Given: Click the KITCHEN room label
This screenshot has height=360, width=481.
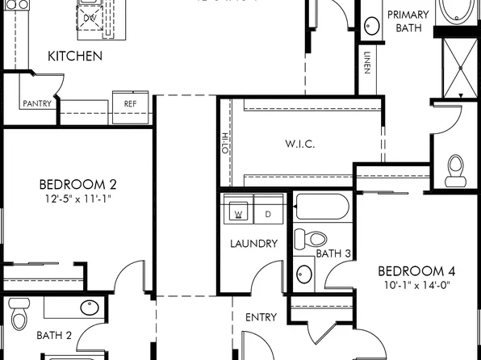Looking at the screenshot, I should click(74, 56).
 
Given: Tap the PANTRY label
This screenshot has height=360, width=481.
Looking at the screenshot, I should click(37, 103).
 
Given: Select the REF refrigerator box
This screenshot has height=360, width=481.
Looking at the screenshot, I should click(130, 104).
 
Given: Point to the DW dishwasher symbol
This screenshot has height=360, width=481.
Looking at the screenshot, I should click(91, 16).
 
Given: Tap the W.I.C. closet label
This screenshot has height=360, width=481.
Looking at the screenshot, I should click(299, 144).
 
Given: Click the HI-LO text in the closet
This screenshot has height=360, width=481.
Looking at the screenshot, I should click(225, 142).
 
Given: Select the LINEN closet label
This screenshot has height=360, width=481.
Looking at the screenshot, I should click(367, 64).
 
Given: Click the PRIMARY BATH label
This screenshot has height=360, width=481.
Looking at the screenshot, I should click(408, 20).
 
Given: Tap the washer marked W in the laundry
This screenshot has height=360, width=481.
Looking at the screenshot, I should click(239, 213).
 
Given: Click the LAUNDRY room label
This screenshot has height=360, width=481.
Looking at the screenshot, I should click(253, 243).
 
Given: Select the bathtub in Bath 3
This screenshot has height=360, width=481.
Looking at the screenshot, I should click(322, 207).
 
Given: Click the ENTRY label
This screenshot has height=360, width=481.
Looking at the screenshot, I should click(261, 317).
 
